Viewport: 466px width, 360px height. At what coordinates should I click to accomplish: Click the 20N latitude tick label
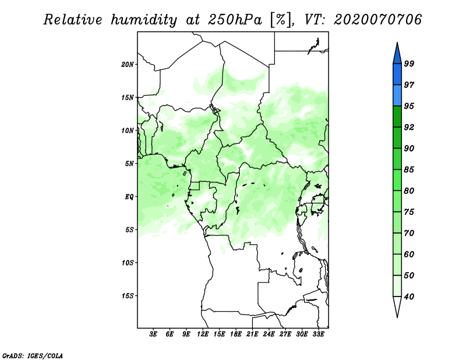pos(128,64)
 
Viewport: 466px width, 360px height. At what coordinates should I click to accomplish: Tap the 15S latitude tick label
pos(128,296)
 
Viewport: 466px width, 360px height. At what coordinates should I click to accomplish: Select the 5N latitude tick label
pos(129,164)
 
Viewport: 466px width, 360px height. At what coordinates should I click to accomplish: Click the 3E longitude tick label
pos(153,335)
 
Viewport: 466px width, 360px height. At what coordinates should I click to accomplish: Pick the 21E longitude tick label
pos(252,335)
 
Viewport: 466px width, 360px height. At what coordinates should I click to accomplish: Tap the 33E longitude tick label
pos(318,335)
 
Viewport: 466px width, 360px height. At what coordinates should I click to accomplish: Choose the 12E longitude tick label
pos(203,335)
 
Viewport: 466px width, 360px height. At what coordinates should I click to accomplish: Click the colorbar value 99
pos(409,64)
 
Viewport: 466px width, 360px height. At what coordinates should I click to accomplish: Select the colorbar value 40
pos(409,297)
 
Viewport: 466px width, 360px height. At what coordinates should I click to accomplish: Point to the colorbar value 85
pos(409,170)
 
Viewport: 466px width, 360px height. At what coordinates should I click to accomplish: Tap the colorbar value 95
pos(409,107)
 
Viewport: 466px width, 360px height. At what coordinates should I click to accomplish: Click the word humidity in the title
pos(144,20)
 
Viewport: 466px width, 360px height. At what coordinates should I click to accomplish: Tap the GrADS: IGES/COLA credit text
pos(33,355)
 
